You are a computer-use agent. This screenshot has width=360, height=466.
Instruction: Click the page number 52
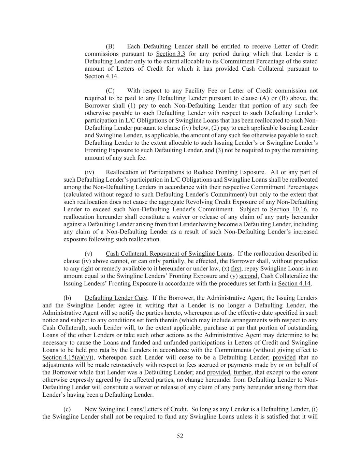tap(180, 436)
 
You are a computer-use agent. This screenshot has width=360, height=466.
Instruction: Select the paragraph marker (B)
tap(110, 46)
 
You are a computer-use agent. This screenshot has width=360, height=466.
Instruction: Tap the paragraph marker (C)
tap(110, 90)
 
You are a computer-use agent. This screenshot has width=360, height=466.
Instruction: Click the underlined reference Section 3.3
tap(171, 54)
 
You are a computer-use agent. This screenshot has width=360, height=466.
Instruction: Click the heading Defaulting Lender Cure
tap(116, 298)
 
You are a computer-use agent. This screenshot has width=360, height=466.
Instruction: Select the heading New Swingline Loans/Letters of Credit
tap(135, 409)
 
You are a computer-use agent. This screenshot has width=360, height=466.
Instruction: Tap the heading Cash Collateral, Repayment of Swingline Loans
tap(169, 254)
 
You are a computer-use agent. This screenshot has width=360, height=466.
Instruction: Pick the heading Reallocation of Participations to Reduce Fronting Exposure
tap(185, 172)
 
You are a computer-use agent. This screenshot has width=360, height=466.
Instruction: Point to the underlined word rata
tap(104, 350)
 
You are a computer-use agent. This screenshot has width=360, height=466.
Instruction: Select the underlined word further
tap(243, 372)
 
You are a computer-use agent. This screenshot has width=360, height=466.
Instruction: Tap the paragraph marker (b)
tap(67, 298)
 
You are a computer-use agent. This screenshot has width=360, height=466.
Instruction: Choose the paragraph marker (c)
tap(67, 409)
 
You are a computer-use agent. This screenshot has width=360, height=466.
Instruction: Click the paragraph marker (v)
tap(88, 254)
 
